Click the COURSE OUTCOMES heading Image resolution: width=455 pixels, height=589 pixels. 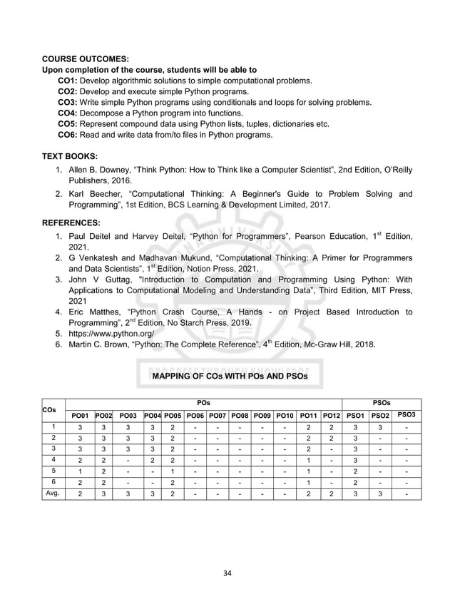pyautogui.click(x=86, y=58)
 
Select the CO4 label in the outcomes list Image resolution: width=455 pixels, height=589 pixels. pyautogui.click(x=67, y=113)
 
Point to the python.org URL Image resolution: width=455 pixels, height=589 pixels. pyautogui.click(x=108, y=333)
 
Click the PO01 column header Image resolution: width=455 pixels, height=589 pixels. pyautogui.click(x=79, y=415)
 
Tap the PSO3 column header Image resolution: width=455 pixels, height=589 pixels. pyautogui.click(x=407, y=414)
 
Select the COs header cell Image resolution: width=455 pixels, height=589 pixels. pyautogui.click(x=51, y=409)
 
